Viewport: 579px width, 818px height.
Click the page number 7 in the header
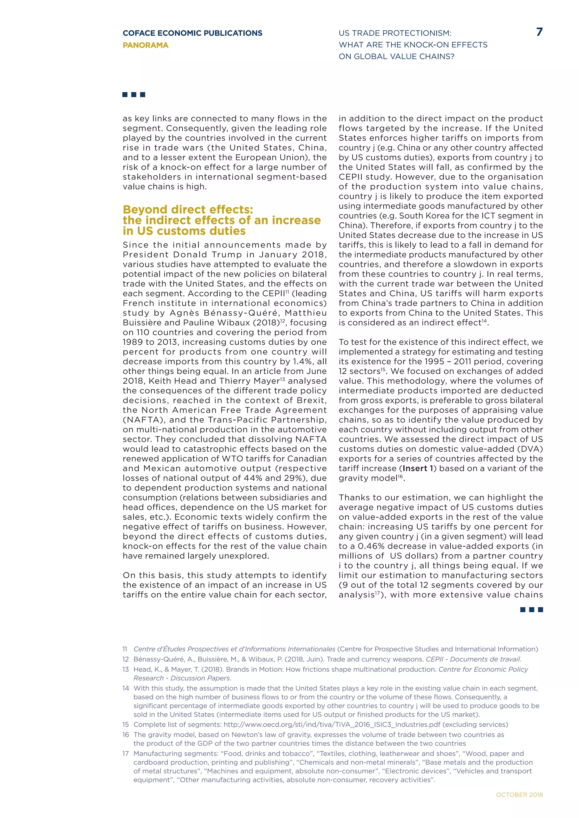(539, 32)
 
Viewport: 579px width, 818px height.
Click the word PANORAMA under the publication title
(146, 45)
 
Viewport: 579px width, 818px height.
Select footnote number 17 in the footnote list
(126, 754)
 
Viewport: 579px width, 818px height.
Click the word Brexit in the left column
(310, 401)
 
